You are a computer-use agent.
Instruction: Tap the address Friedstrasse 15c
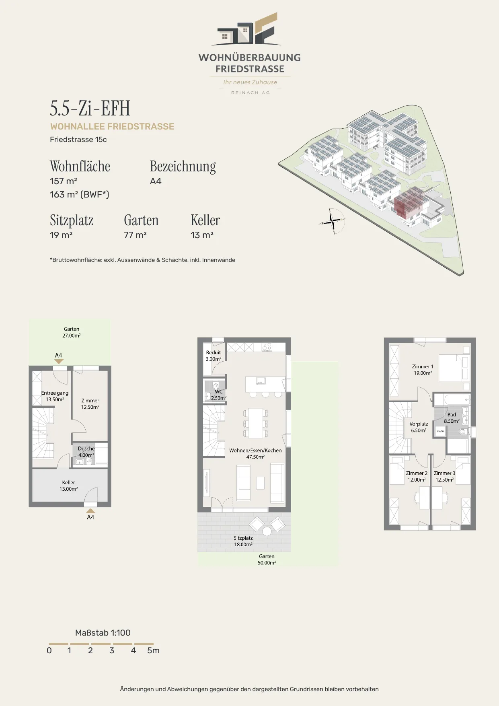tap(78, 140)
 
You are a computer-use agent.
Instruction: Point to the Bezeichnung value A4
tap(156, 181)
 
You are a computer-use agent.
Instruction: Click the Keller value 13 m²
tap(202, 235)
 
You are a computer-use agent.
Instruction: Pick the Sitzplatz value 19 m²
tap(61, 235)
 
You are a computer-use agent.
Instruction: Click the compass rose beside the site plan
tap(332, 221)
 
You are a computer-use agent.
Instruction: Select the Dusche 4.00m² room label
tap(86, 452)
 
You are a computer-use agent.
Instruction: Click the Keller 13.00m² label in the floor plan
tap(69, 486)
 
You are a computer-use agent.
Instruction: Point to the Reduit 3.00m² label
tap(214, 356)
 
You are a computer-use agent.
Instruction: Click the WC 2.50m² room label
tap(219, 395)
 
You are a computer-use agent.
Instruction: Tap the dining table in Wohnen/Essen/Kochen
tap(255, 423)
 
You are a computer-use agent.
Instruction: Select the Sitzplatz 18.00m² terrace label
tap(243, 541)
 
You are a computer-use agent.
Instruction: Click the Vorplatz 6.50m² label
tap(419, 427)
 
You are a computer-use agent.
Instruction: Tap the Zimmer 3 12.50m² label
tap(445, 476)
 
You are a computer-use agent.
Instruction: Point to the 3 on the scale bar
tap(112, 650)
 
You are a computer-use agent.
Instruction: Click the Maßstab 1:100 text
tap(103, 633)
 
